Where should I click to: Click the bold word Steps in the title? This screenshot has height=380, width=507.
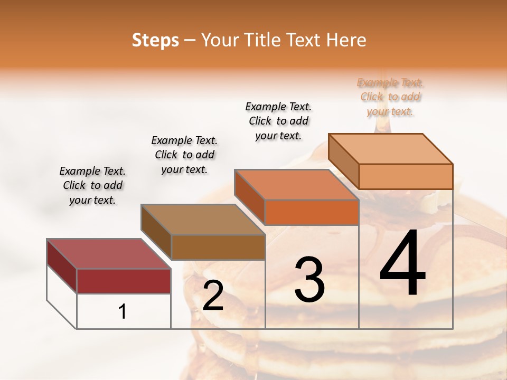tap(155, 40)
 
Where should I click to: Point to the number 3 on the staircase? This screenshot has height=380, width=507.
tap(309, 280)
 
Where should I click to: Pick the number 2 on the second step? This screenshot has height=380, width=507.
tap(213, 296)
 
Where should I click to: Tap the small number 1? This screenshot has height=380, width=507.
tap(123, 311)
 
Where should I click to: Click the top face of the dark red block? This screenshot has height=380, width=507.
tap(108, 254)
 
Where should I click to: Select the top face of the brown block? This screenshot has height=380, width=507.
tap(203, 219)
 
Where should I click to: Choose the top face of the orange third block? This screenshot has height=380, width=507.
tap(296, 185)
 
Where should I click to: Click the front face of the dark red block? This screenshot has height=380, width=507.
tap(124, 281)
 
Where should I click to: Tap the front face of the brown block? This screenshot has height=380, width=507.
tap(218, 247)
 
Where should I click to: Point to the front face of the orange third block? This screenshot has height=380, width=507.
tap(312, 212)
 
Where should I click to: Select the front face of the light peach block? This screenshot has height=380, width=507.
tap(406, 176)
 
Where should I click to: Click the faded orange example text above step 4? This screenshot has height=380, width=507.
tap(390, 97)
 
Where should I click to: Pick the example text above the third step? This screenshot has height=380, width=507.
tap(278, 121)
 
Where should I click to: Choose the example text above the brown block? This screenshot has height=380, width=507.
tap(184, 155)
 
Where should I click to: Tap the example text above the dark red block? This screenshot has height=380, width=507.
tap(92, 185)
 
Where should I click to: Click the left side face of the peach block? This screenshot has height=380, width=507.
tap(344, 161)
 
